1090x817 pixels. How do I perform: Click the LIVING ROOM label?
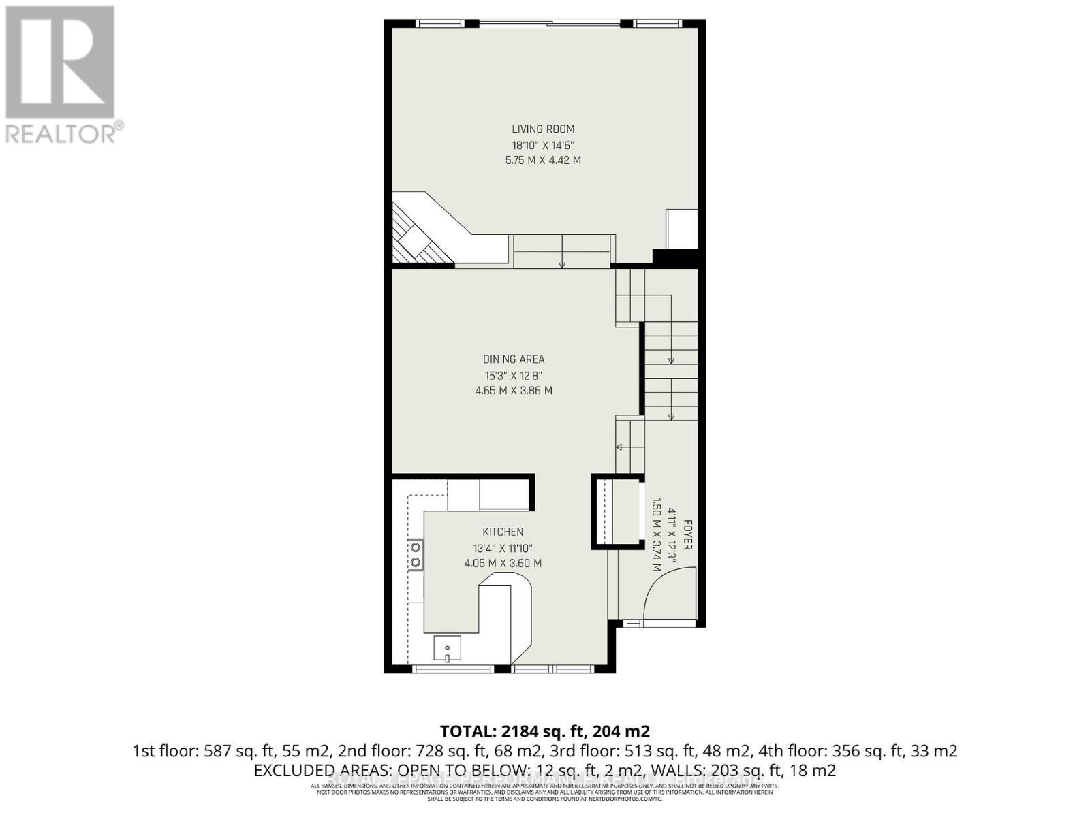[x=543, y=129]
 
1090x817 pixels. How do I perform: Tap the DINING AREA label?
[x=514, y=359]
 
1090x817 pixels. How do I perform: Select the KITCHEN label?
[x=503, y=532]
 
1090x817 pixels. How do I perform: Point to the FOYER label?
[x=687, y=535]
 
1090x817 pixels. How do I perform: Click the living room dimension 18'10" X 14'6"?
[x=543, y=145]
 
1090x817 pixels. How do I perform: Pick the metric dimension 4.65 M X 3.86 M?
[x=514, y=391]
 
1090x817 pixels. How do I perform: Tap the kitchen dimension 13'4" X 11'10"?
[x=503, y=548]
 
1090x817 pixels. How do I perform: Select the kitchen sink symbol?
[x=447, y=648]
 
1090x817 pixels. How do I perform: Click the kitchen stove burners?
[x=415, y=555]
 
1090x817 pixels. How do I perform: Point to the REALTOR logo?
[x=61, y=75]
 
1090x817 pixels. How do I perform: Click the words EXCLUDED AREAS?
[x=320, y=771]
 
